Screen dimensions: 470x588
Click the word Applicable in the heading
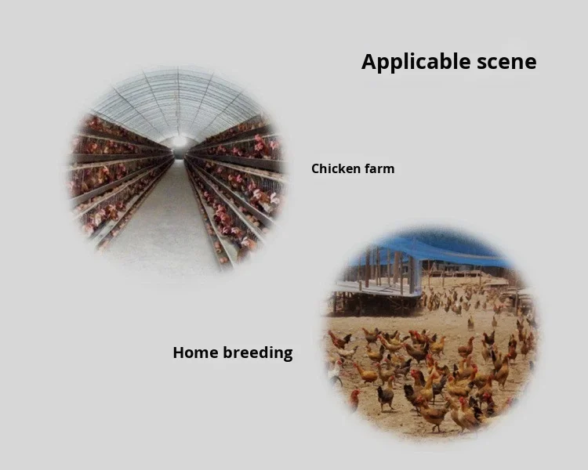pyautogui.click(x=414, y=63)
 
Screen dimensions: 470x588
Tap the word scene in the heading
pyautogui.click(x=506, y=63)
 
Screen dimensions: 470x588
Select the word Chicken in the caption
pyautogui.click(x=336, y=168)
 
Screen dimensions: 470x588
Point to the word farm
pyautogui.click(x=379, y=168)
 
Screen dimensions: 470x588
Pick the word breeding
pyautogui.click(x=258, y=353)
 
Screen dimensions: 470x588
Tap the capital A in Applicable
pyautogui.click(x=368, y=62)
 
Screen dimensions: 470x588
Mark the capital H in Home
pyautogui.click(x=178, y=352)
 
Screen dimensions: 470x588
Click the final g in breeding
pyautogui.click(x=288, y=355)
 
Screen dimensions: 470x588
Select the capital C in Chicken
pyautogui.click(x=315, y=168)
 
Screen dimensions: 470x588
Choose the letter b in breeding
pyautogui.click(x=227, y=352)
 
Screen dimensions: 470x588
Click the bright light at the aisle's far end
pyautogui.click(x=180, y=142)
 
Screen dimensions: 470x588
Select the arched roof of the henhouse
pyautogui.click(x=178, y=98)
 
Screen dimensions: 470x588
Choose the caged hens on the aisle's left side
pyautogui.click(x=110, y=180)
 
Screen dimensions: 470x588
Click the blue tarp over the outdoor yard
pyautogui.click(x=439, y=249)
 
